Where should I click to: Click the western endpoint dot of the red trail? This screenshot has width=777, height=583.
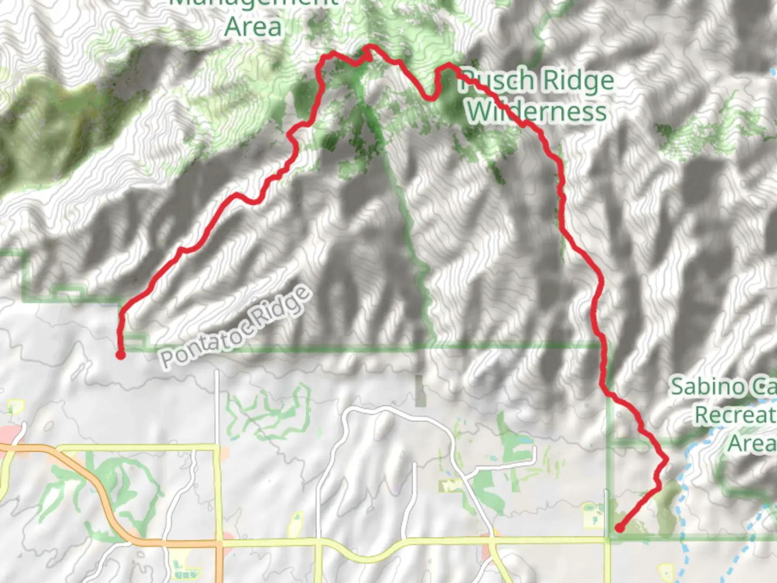click(x=120, y=355)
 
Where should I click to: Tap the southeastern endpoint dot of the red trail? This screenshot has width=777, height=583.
click(x=619, y=528)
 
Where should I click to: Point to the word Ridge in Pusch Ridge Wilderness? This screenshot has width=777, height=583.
click(x=577, y=81)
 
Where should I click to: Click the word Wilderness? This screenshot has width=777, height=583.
click(x=536, y=111)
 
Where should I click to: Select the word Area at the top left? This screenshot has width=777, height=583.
click(x=253, y=27)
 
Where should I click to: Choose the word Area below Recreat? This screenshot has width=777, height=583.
click(x=752, y=444)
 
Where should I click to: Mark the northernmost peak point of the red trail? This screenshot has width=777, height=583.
click(x=369, y=47)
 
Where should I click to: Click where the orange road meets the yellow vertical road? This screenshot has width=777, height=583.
click(x=218, y=543)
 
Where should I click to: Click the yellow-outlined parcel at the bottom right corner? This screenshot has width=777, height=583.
click(x=667, y=572)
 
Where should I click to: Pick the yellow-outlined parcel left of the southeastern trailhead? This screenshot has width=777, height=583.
click(x=594, y=516)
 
